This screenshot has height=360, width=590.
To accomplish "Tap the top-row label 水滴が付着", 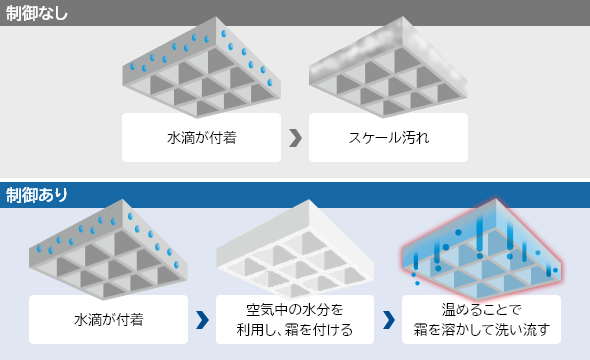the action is click(201, 137).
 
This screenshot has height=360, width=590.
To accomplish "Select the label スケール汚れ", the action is click(388, 137).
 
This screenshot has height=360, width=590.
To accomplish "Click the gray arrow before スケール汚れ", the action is click(294, 137).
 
